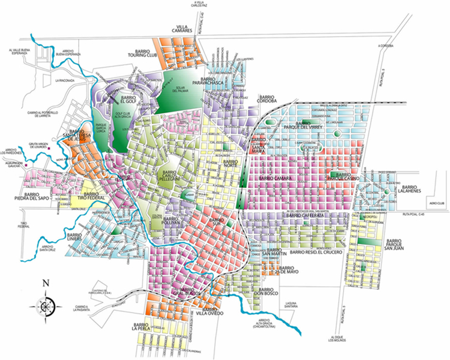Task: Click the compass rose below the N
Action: [45, 304]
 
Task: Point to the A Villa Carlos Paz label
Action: [197, 5]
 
